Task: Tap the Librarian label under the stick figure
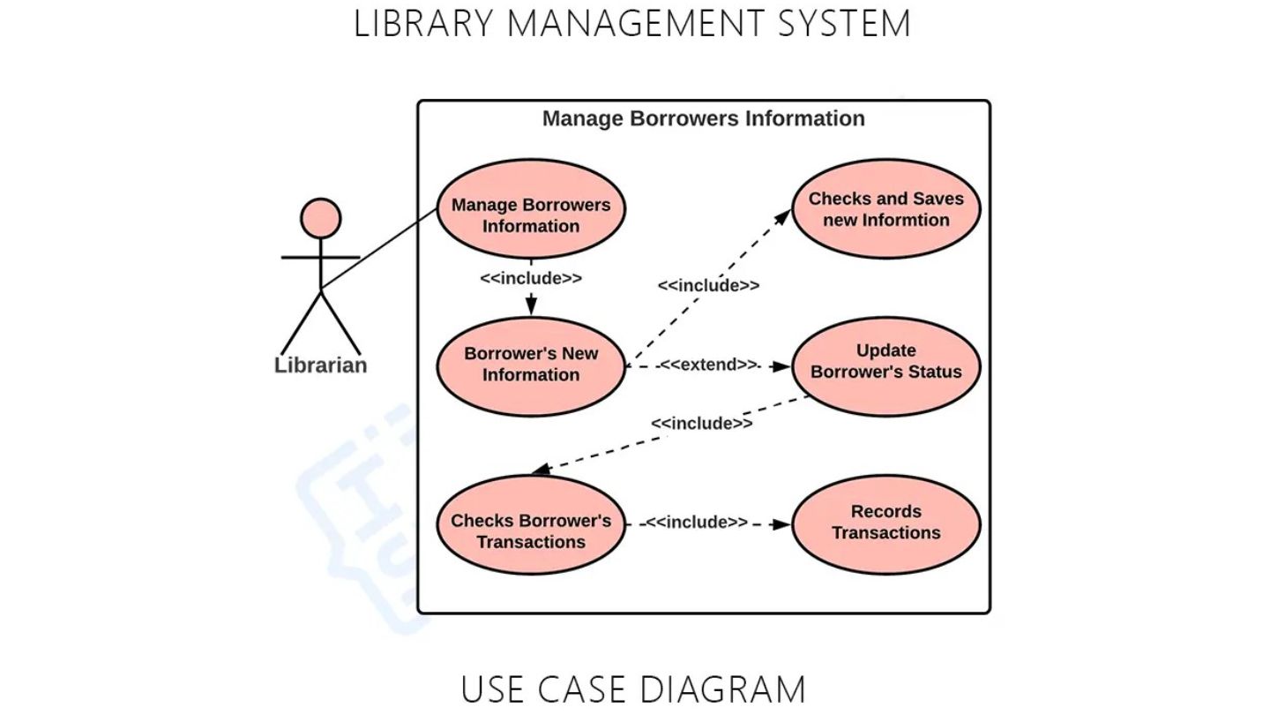coord(321,365)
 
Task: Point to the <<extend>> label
coord(709,365)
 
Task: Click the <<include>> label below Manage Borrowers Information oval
coord(531,278)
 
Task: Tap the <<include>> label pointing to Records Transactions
coord(697,522)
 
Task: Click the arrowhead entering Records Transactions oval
coord(781,525)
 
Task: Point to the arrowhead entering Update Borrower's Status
coord(781,366)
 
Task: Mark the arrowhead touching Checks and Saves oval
coord(783,217)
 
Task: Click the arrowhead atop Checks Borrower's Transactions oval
coord(542,470)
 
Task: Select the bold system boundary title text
coord(704,118)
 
